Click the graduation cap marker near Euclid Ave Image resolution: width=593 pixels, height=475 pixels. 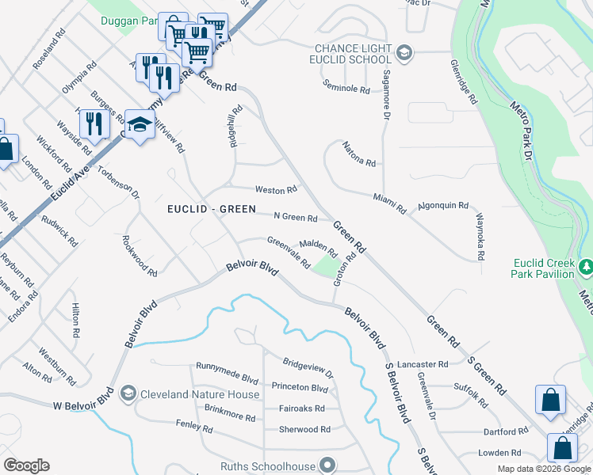(140, 125)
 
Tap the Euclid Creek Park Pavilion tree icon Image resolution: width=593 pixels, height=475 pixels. (586, 266)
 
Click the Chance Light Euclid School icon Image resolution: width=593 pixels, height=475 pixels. (404, 53)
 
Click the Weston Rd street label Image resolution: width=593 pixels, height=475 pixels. (275, 190)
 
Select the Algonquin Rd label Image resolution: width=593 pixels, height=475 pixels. (443, 205)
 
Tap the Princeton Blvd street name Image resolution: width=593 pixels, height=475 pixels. (300, 388)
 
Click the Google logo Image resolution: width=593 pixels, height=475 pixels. (26, 465)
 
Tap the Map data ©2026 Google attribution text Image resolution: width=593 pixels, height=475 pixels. (545, 469)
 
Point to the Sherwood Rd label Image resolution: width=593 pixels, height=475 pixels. (304, 430)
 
